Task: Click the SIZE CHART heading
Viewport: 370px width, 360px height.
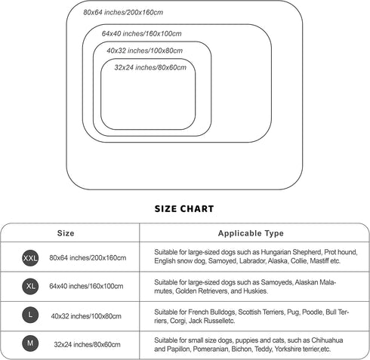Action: click(184, 209)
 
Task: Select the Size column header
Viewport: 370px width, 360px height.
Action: click(66, 233)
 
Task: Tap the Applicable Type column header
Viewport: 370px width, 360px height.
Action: click(251, 233)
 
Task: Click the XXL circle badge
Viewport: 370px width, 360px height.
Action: click(30, 258)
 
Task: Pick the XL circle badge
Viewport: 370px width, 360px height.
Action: click(30, 286)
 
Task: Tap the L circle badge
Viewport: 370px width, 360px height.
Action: click(30, 315)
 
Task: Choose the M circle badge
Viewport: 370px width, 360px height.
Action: click(30, 343)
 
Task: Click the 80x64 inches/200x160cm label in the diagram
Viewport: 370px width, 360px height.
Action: click(123, 12)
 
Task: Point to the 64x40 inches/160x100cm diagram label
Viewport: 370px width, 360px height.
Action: click(141, 33)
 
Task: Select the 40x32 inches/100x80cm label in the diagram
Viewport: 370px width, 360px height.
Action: click(144, 51)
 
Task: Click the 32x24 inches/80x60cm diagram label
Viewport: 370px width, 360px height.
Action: click(150, 67)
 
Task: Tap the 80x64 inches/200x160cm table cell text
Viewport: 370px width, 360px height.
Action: click(88, 258)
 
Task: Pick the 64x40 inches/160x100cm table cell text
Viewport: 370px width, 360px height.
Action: click(86, 286)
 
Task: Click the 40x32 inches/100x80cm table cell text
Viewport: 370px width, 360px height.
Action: click(86, 316)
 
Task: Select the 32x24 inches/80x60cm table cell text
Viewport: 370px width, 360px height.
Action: click(87, 344)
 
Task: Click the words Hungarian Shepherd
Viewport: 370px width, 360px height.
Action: click(291, 252)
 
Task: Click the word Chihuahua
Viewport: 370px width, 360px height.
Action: click(327, 340)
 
